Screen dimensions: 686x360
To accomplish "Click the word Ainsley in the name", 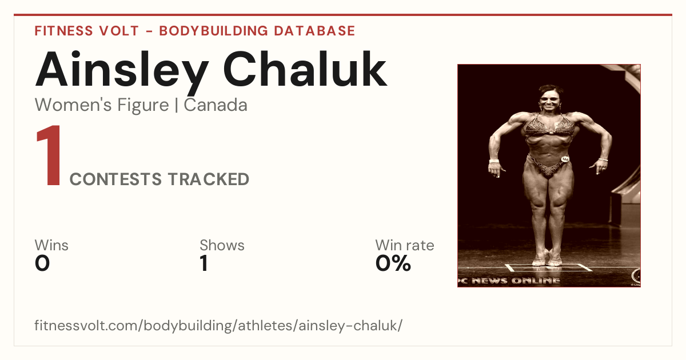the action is point(122,72).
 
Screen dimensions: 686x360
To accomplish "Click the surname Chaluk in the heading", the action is point(305,69).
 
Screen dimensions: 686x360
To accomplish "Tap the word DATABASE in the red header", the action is point(314,31).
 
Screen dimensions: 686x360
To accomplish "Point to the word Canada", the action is point(216,105).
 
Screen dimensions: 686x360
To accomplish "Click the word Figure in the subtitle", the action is point(143,106).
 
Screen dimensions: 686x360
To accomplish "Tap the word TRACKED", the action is point(208,179).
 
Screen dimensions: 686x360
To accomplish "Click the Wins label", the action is point(51,245).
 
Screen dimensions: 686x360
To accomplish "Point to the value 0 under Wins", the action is point(42,263).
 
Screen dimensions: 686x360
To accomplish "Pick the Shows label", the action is point(222,245).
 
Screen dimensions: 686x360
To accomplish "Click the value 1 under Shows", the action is point(204,263).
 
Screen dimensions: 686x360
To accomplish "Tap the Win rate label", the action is point(405,245).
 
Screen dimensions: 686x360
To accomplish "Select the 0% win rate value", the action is point(393,263).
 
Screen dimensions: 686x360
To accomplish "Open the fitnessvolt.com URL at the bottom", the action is point(218,325).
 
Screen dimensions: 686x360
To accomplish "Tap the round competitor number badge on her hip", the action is point(565,159).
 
